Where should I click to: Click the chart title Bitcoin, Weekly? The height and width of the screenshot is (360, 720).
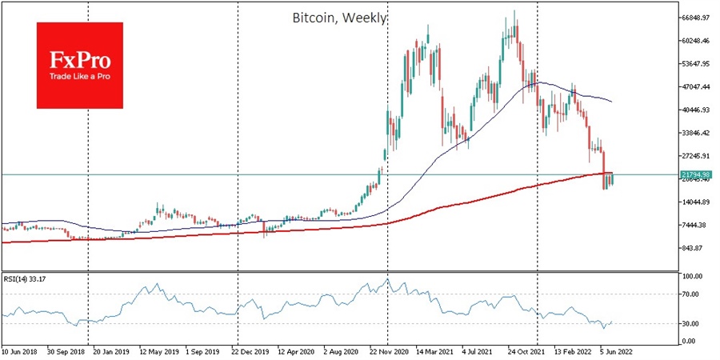pos(340,17)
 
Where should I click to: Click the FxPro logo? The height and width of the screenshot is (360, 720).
pos(79,65)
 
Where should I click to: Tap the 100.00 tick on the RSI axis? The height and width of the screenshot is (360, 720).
pos(690,276)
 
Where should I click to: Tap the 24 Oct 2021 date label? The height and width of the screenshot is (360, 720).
pos(526,350)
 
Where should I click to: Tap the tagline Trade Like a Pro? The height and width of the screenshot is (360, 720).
pos(79,76)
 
